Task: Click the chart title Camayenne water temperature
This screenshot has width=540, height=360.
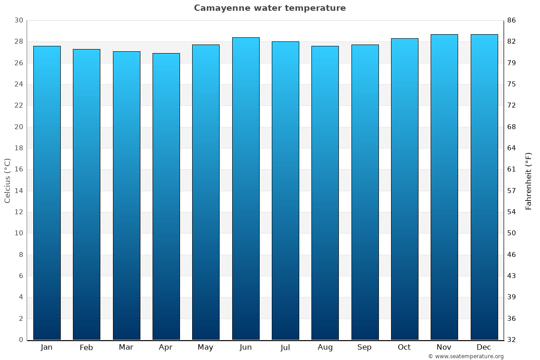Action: click(x=270, y=8)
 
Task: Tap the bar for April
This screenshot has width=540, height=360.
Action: click(x=166, y=196)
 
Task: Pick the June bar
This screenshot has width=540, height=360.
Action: click(x=246, y=189)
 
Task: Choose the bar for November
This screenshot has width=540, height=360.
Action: click(x=444, y=187)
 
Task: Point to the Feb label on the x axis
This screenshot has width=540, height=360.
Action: click(x=86, y=347)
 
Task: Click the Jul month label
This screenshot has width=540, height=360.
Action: click(x=285, y=347)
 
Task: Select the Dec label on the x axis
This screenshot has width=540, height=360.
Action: click(x=484, y=347)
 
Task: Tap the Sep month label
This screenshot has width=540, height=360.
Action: click(x=364, y=347)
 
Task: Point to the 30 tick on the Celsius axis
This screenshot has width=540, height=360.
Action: click(x=18, y=21)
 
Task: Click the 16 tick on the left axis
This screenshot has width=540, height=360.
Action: click(x=18, y=170)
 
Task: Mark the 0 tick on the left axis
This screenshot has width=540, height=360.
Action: click(x=21, y=340)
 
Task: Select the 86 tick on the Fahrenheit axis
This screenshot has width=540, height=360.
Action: click(x=512, y=21)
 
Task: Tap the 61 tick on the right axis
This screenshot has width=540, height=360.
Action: click(x=512, y=170)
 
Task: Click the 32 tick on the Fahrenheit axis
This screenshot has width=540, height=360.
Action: click(x=512, y=340)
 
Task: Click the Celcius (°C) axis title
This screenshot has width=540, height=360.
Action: click(x=8, y=180)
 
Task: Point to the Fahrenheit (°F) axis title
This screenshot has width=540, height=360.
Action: click(x=529, y=180)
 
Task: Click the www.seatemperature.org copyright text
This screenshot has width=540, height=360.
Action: click(x=466, y=356)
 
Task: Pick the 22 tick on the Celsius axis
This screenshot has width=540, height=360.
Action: click(x=18, y=106)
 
